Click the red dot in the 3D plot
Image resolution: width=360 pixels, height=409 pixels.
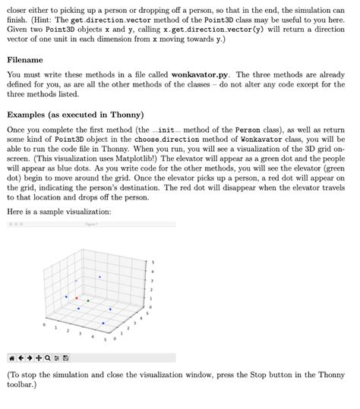[77, 299]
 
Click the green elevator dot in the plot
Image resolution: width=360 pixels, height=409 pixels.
[88, 301]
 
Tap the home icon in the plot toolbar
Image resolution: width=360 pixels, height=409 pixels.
[11, 358]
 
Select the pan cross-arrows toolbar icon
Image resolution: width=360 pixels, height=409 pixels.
[38, 358]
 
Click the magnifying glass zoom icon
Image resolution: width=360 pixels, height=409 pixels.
[47, 358]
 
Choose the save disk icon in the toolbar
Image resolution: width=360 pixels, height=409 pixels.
[66, 358]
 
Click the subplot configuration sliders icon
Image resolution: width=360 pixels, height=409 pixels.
[56, 358]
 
